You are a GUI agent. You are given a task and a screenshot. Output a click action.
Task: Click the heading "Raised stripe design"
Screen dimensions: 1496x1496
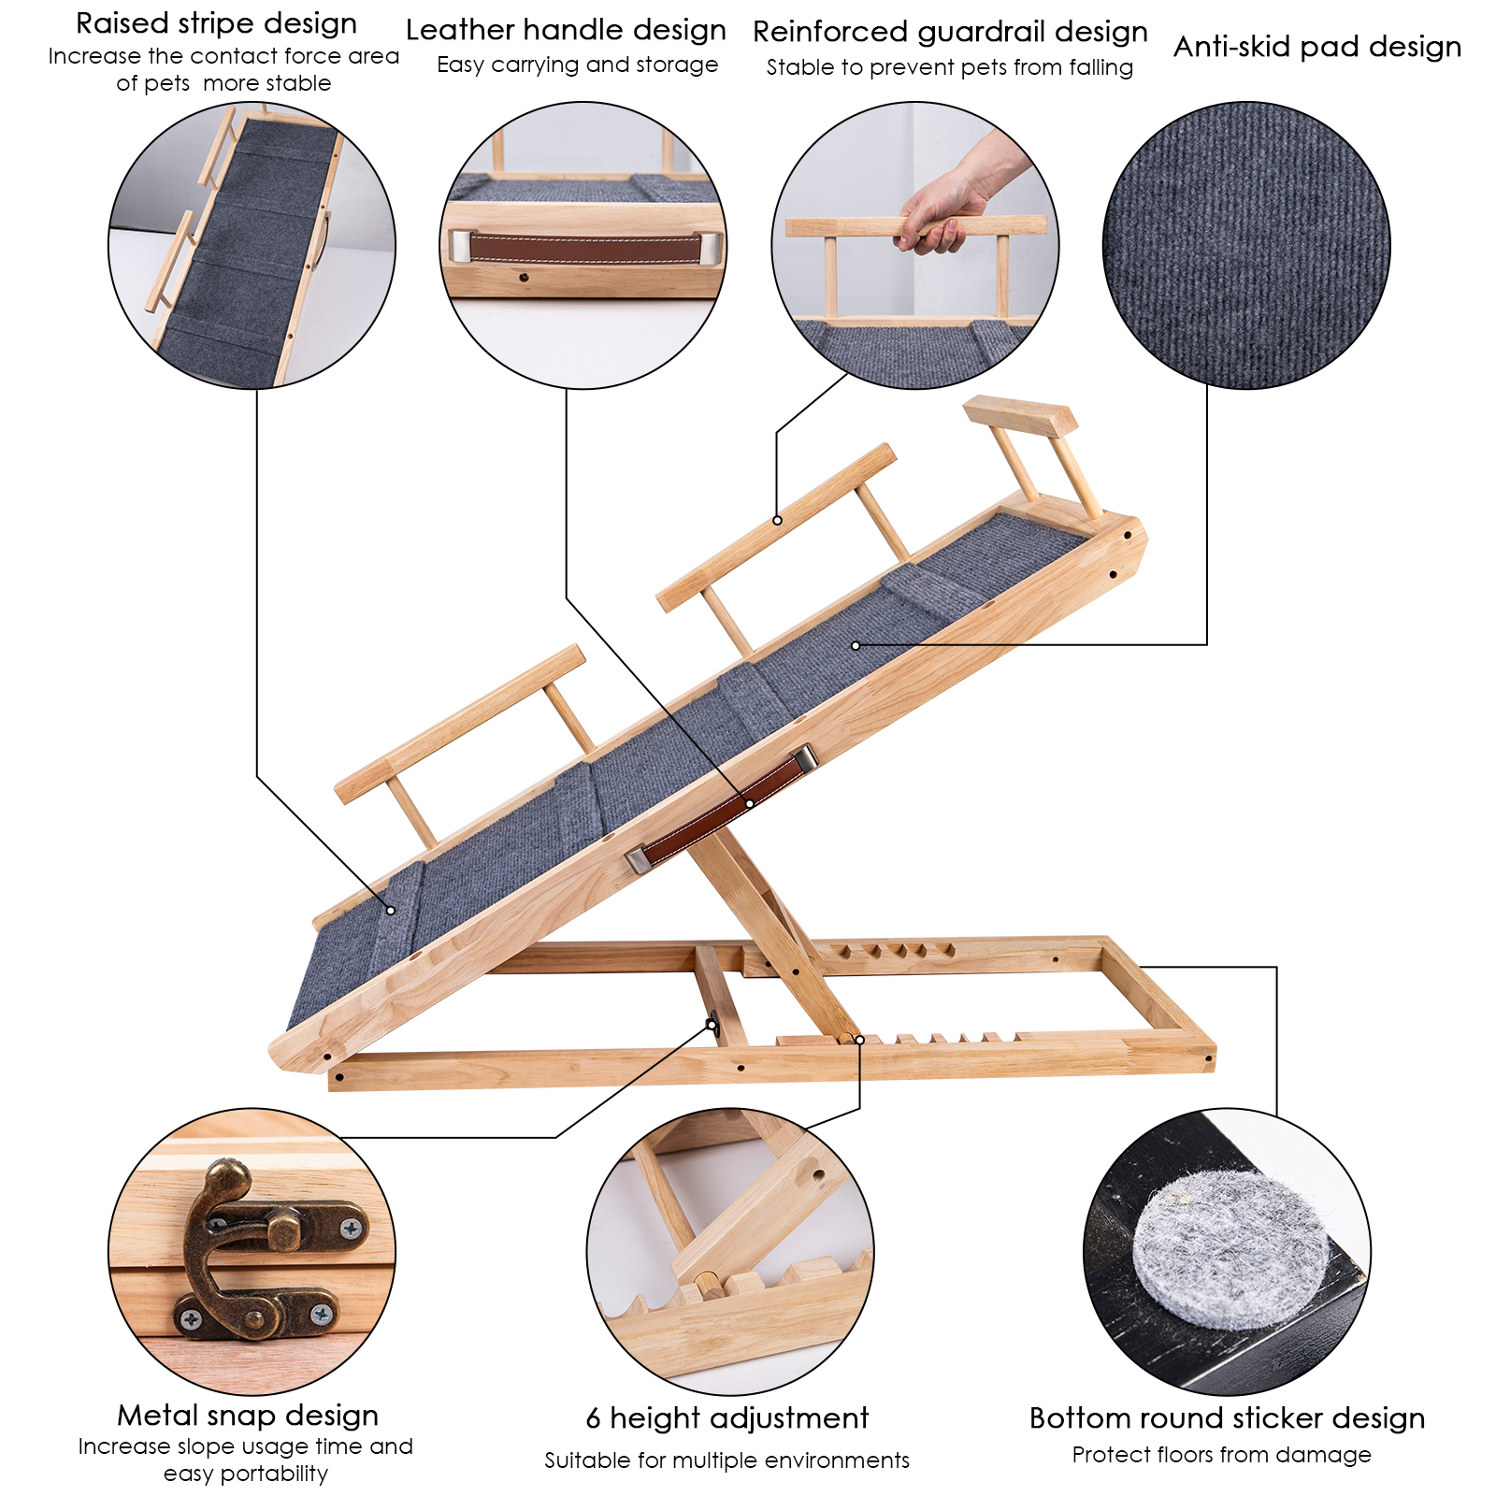pos(216,24)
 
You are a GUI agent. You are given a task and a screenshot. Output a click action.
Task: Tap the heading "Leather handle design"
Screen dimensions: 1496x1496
pos(566,31)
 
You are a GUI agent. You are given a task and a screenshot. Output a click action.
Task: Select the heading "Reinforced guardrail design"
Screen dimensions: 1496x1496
pos(950,33)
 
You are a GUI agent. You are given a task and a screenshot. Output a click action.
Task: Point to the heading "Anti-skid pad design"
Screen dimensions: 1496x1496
pos(1317,47)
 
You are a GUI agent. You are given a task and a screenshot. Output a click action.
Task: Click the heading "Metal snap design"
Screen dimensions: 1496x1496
pos(248,1415)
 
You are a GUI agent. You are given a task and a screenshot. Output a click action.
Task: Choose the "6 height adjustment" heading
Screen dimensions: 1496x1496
pos(727,1418)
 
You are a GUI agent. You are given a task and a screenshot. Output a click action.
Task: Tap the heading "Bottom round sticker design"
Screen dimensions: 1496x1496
pos(1227,1418)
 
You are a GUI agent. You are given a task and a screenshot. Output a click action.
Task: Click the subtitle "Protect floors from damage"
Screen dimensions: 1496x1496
pos(1221,1455)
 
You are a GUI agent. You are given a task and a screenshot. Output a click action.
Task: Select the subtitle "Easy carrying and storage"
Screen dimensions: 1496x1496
pos(577,65)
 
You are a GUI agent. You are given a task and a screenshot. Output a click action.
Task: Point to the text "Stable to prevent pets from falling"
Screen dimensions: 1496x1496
pos(949,68)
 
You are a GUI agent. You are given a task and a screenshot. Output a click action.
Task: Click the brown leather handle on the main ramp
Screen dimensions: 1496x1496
pos(721,809)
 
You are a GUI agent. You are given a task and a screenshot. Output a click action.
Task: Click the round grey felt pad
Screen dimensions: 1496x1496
pos(1229,1251)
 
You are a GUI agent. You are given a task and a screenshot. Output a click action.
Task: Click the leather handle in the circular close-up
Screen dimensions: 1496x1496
pos(585,248)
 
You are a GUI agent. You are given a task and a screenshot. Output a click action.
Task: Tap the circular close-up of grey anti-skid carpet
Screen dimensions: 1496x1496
pos(1246,245)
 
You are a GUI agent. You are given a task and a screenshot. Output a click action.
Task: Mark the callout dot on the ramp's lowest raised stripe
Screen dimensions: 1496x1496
pos(391,910)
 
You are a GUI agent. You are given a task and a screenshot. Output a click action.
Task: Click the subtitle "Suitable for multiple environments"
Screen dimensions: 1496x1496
pos(727,1460)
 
